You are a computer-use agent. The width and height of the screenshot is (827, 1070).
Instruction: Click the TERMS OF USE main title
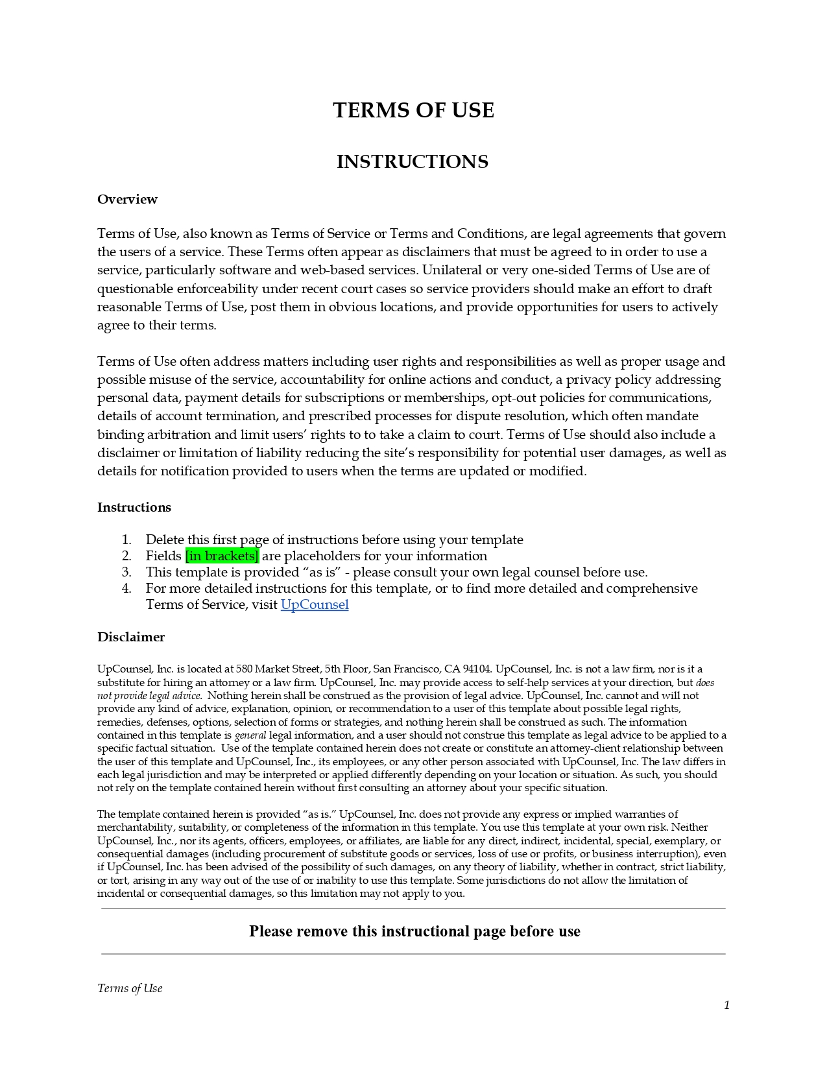413,110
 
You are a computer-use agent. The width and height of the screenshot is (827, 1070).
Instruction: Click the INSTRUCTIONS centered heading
413,161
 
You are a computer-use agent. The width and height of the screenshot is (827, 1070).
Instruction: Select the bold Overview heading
127,199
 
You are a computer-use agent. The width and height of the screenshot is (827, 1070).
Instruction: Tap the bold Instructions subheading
134,507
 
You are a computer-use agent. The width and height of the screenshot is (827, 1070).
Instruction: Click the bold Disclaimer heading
131,637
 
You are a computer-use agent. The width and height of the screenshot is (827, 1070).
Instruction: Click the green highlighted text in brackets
222,556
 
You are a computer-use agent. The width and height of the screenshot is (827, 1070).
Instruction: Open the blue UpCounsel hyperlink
315,604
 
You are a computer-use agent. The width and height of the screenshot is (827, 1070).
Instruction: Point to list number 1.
126,540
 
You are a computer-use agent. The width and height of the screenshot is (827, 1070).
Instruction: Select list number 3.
126,572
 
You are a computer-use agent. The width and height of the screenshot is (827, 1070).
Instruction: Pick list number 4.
126,588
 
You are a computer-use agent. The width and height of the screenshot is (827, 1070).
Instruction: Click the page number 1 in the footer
726,1005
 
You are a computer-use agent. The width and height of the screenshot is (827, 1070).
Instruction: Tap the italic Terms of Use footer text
130,988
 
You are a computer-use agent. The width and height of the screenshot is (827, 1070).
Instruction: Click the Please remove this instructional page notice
414,931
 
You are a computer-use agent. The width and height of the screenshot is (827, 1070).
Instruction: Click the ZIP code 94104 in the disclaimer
476,669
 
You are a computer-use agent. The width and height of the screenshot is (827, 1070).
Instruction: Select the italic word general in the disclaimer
250,735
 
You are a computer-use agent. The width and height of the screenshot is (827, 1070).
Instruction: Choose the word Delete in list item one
165,540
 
